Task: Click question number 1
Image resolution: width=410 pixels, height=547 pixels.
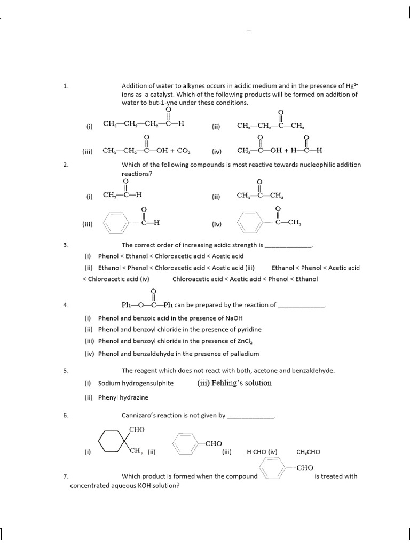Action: [66, 85]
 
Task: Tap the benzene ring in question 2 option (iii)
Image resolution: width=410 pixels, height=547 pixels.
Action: [113, 224]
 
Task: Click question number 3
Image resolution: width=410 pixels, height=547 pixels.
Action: [66, 245]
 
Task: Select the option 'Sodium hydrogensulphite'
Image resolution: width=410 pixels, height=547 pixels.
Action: [136, 383]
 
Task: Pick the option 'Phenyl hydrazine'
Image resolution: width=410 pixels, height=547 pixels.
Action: [123, 397]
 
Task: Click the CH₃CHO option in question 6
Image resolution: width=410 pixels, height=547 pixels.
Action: [308, 451]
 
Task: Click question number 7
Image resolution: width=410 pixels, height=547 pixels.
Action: [66, 476]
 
